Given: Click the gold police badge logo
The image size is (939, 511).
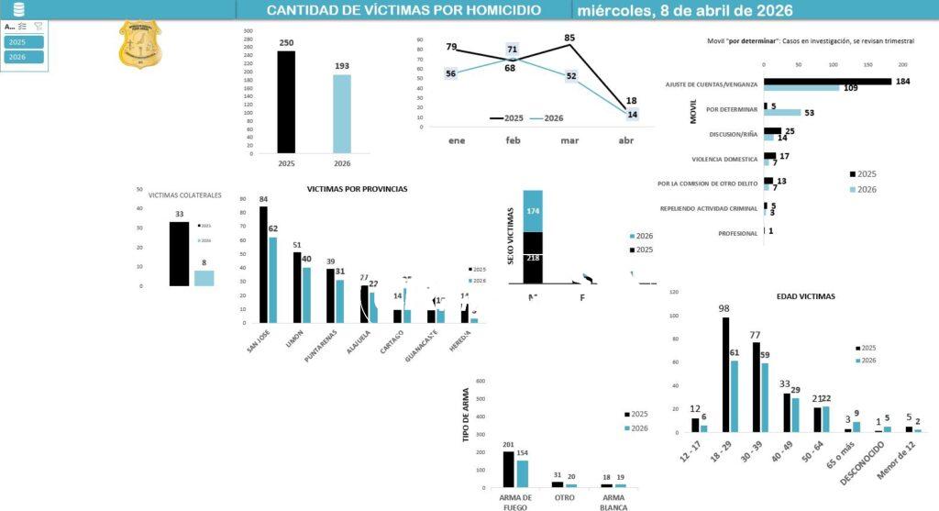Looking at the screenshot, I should pyautogui.click(x=139, y=45).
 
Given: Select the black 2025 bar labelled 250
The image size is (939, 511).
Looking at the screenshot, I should pyautogui.click(x=286, y=102).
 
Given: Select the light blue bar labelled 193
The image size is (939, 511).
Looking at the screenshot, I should pyautogui.click(x=341, y=114).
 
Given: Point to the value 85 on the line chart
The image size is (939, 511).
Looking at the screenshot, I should pyautogui.click(x=569, y=39).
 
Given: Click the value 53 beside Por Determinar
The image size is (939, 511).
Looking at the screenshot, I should pyautogui.click(x=809, y=113).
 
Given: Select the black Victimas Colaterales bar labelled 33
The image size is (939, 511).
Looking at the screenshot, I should pyautogui.click(x=179, y=254).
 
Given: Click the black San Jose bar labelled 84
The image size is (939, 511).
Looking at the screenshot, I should pyautogui.click(x=263, y=264).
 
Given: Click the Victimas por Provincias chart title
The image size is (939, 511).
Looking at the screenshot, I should pyautogui.click(x=357, y=189).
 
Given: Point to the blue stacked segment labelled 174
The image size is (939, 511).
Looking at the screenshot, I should pyautogui.click(x=533, y=211).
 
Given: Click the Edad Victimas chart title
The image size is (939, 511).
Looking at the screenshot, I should pyautogui.click(x=800, y=296).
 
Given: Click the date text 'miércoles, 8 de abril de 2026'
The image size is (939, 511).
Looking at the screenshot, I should pyautogui.click(x=685, y=10).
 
